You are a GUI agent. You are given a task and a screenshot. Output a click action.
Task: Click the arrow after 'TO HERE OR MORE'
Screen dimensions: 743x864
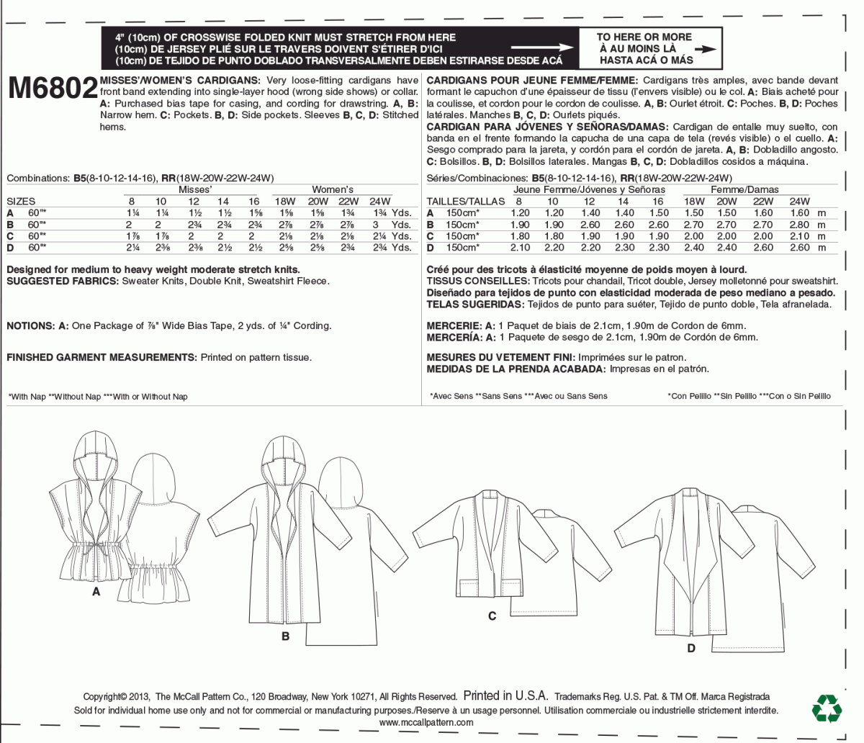(707, 49)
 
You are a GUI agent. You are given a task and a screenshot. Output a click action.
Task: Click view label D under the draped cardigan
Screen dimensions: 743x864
(691, 648)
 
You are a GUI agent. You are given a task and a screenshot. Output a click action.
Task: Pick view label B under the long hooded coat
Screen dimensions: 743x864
(286, 636)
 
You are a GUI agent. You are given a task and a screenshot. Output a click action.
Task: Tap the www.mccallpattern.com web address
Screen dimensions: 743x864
(426, 723)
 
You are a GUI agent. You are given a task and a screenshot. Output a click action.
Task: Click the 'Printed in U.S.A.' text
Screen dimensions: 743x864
(505, 696)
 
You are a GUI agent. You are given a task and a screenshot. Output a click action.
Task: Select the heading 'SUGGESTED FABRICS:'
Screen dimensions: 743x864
(62, 282)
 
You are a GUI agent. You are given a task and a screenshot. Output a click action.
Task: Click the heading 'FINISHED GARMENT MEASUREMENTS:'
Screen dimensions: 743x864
(102, 357)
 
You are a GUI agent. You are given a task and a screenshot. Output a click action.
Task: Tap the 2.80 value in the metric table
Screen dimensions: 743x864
(799, 225)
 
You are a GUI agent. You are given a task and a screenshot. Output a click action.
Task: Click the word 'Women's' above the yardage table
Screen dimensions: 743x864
(333, 189)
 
